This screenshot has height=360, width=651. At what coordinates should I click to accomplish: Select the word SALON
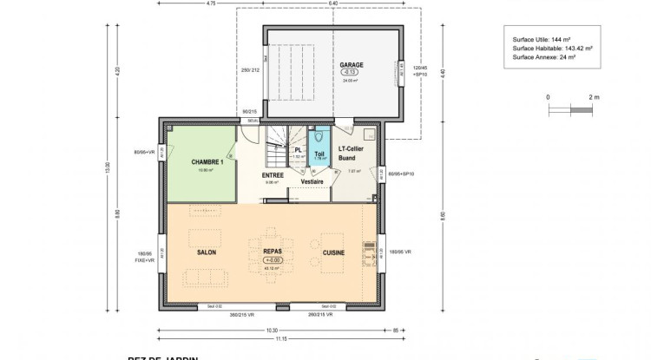207,252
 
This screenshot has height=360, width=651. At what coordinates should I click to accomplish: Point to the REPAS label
273,252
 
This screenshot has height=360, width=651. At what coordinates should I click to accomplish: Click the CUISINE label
333,252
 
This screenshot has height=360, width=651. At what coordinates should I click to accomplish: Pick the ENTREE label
273,174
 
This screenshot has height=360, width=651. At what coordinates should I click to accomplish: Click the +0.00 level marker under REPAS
273,261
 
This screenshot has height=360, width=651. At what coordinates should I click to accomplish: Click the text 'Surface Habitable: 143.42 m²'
551,48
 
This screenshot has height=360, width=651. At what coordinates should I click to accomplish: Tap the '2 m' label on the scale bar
594,97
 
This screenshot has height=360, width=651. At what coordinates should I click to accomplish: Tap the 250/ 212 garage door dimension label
251,70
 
